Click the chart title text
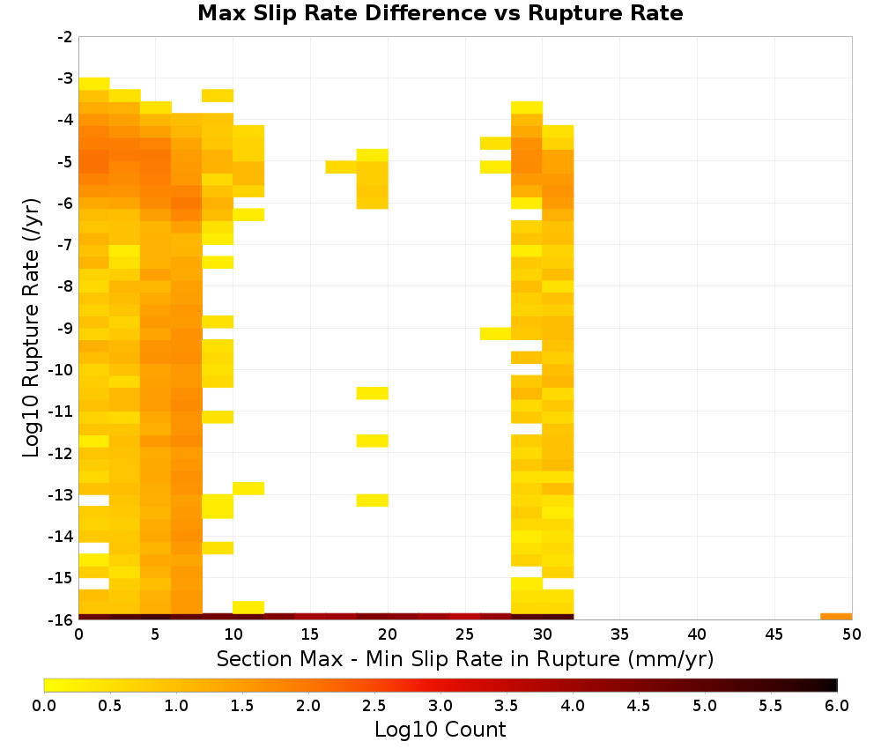pos(440,13)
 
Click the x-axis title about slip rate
pos(464,658)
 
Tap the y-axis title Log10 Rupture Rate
pos(31,328)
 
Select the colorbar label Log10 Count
pos(440,730)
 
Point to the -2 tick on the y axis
pos(65,37)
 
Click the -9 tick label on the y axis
pos(65,328)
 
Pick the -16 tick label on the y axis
pos(62,619)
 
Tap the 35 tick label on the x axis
pos(619,634)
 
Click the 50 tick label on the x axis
pos(852,634)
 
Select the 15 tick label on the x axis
pos(310,634)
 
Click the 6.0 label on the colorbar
pos(837,706)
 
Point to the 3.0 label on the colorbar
pos(440,706)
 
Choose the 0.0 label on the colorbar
pos(44,706)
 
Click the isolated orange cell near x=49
pos(836,617)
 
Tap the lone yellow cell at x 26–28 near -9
pos(495,334)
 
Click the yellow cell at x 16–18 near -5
pos(341,167)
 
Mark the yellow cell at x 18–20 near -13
pos(372,501)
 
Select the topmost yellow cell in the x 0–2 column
pos(94,84)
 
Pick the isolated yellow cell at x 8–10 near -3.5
pos(218,95)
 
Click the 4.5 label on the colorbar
pos(638,706)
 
